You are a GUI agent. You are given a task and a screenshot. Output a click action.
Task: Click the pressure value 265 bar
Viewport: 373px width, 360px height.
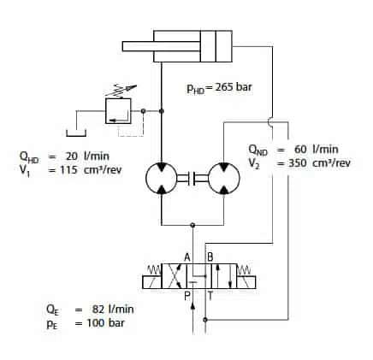234,87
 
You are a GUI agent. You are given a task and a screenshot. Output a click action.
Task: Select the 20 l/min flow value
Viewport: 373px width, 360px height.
87,156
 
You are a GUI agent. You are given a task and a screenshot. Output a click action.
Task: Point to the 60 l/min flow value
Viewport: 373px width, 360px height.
317,149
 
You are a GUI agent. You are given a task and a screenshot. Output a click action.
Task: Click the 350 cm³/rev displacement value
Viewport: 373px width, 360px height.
319,163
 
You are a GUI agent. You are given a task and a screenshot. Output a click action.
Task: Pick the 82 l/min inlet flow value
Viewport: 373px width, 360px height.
113,310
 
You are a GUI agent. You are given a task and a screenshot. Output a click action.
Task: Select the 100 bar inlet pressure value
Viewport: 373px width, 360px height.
105,323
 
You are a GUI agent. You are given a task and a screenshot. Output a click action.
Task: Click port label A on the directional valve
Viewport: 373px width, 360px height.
187,257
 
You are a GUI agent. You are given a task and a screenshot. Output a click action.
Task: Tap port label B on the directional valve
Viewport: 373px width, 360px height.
210,257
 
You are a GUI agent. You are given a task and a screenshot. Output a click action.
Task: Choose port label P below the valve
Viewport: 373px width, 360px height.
187,296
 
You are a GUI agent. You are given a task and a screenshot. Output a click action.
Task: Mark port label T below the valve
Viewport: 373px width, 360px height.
210,296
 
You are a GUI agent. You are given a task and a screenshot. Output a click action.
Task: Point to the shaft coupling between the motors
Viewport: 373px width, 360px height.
192,178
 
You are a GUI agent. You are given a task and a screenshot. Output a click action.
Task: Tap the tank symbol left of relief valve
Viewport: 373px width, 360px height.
76,135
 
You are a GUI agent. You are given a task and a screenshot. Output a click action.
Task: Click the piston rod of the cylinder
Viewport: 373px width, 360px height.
161,46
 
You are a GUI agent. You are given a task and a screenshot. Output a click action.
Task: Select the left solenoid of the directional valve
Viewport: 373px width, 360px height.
152,282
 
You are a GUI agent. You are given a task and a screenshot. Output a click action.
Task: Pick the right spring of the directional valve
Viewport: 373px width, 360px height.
245,269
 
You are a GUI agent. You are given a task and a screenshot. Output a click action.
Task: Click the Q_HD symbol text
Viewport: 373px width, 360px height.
28,156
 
